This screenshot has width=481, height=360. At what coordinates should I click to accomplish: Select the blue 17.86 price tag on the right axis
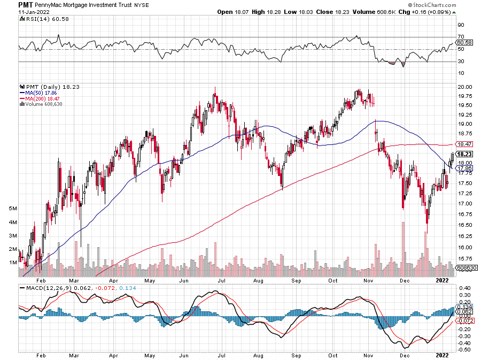[x=462, y=168]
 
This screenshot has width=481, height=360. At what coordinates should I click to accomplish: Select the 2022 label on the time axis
[x=442, y=279]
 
